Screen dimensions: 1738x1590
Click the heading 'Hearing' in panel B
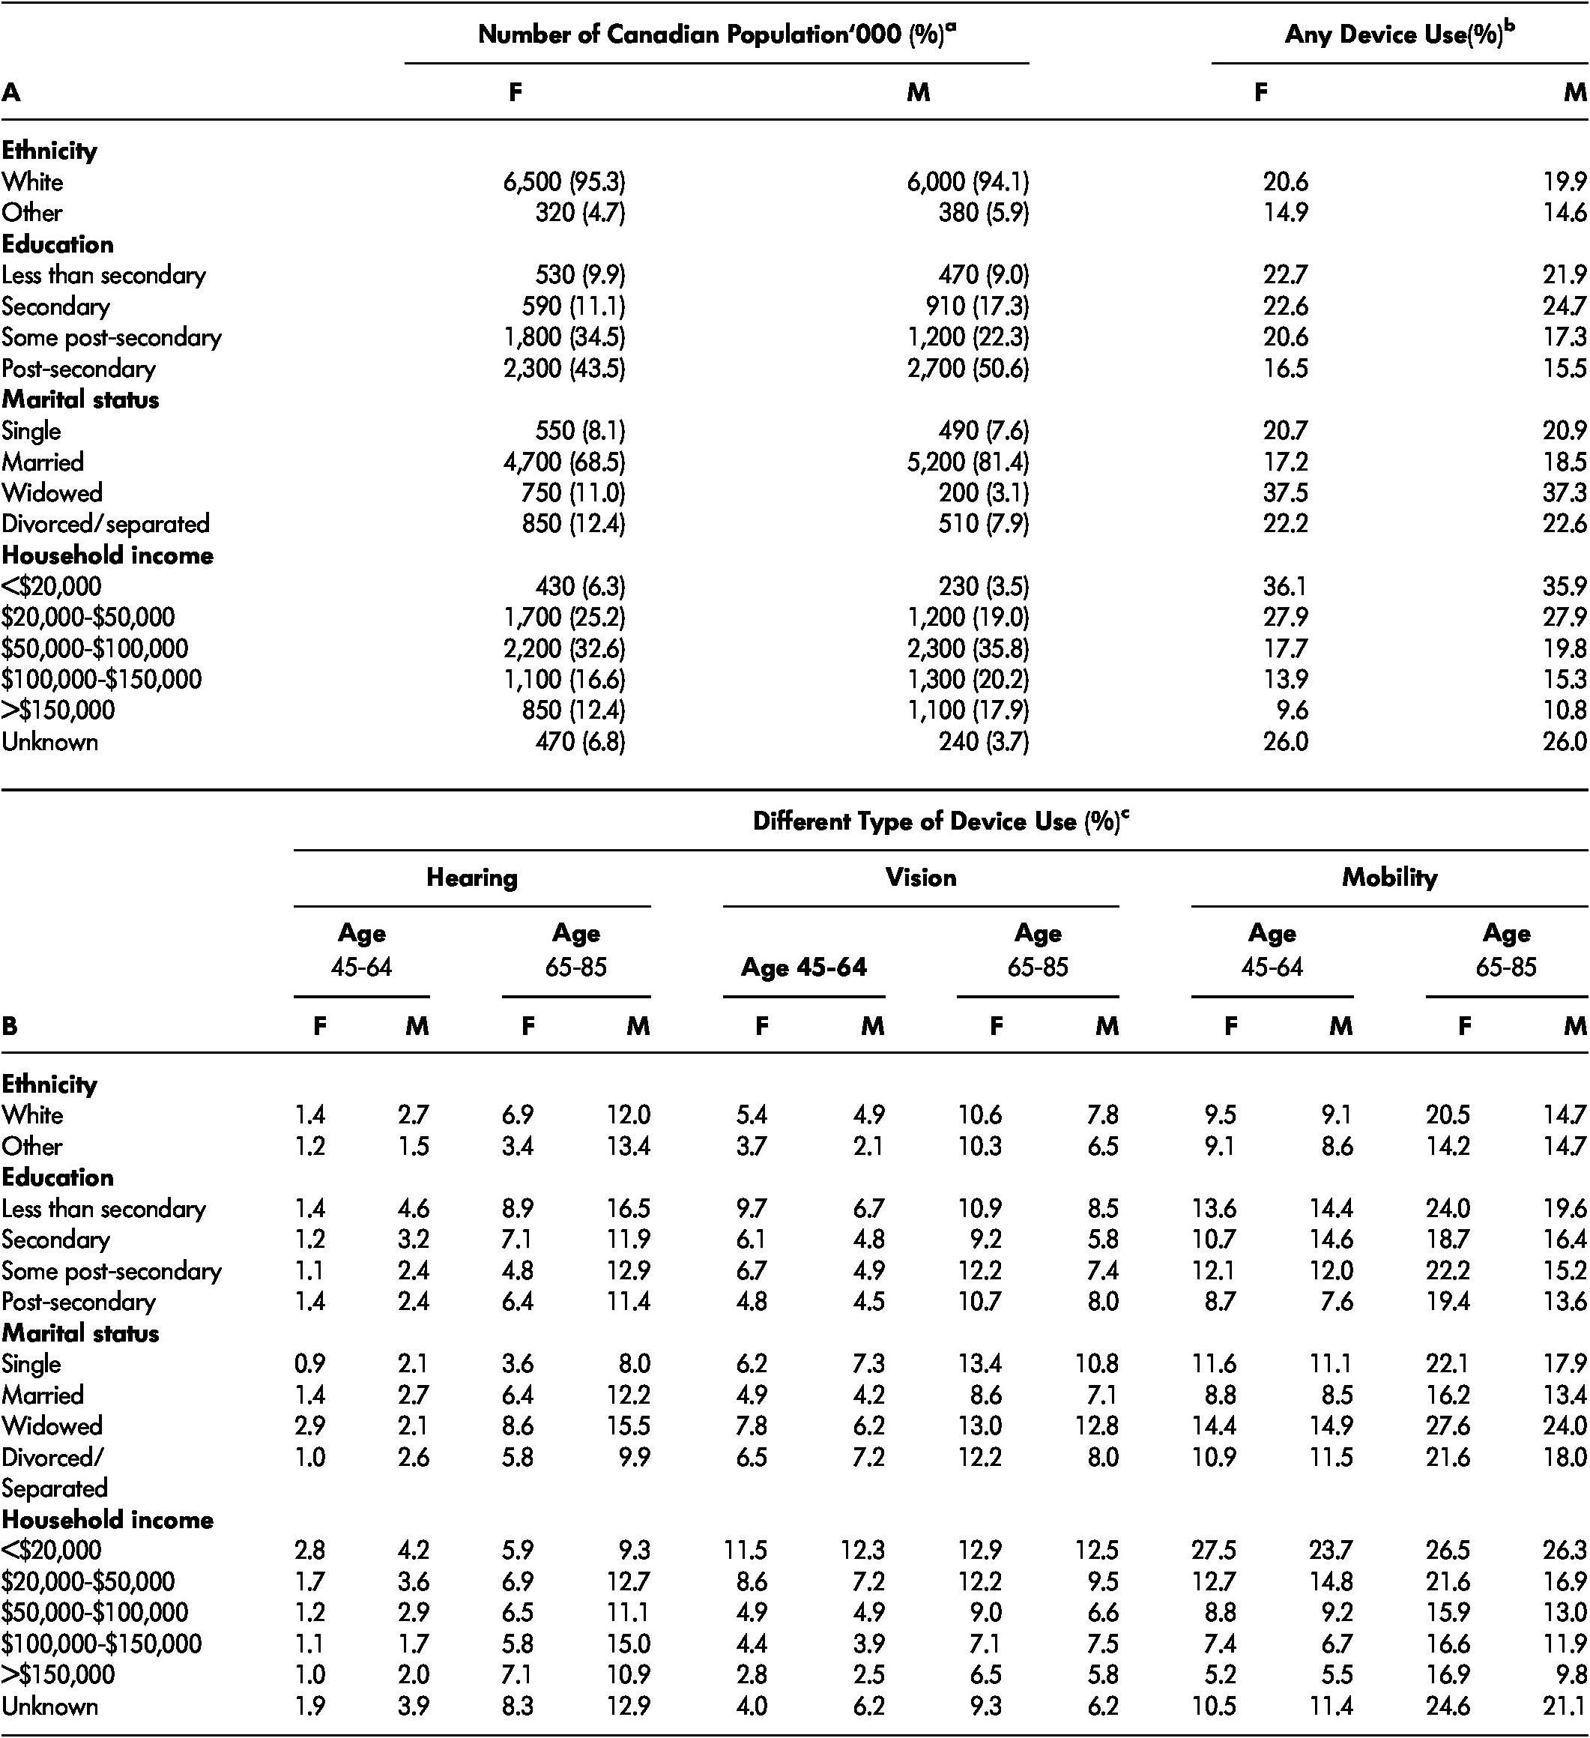(x=471, y=878)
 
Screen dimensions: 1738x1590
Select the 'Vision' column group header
(x=920, y=878)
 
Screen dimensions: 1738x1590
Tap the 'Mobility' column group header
(x=1389, y=878)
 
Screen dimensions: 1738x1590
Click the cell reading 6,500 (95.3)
(x=564, y=182)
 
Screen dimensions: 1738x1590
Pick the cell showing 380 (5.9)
(x=983, y=213)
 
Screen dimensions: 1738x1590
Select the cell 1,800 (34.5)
(x=564, y=337)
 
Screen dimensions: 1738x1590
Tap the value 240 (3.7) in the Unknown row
(x=983, y=741)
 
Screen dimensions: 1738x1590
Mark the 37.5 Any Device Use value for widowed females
(x=1285, y=493)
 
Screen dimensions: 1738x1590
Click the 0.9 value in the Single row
(x=309, y=1364)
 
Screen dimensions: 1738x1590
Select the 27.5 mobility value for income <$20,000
(x=1215, y=1551)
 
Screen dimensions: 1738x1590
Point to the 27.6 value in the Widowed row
(x=1448, y=1426)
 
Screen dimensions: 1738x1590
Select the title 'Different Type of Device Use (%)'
(x=940, y=821)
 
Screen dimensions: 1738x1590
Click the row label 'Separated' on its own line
(x=53, y=1488)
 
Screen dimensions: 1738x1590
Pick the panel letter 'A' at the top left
(x=10, y=92)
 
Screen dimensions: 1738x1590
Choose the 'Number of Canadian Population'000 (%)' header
(x=717, y=34)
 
